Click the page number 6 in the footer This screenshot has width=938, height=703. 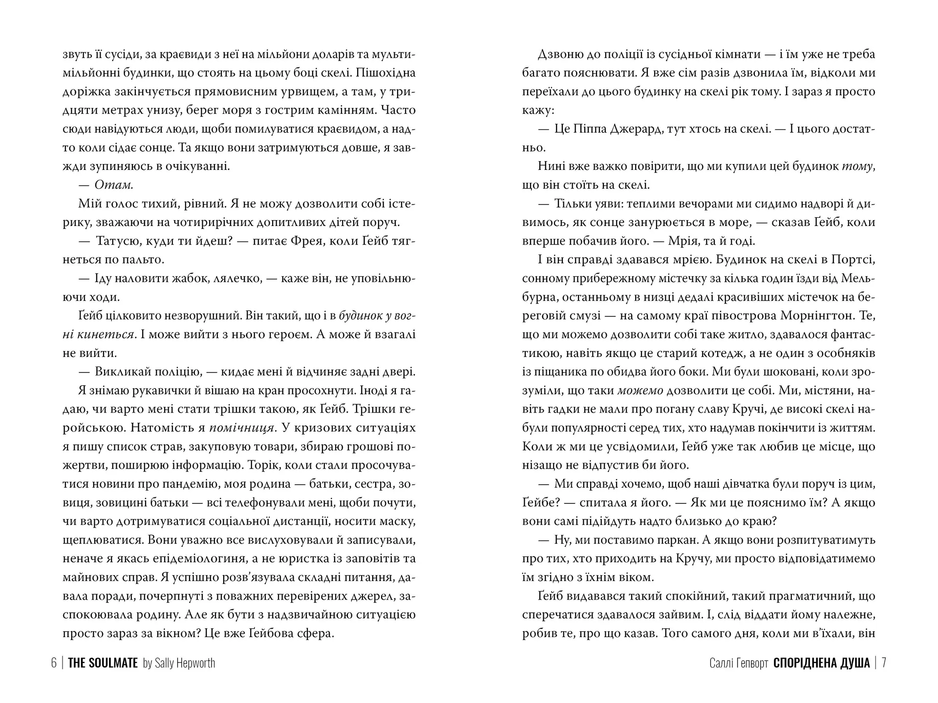click(54, 663)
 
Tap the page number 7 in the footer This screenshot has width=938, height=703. click(884, 663)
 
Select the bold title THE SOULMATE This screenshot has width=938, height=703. click(103, 663)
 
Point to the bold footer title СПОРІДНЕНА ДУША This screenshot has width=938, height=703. click(822, 663)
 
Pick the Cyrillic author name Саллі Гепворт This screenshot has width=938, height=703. click(738, 663)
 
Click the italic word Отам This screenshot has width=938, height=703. click(114, 185)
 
